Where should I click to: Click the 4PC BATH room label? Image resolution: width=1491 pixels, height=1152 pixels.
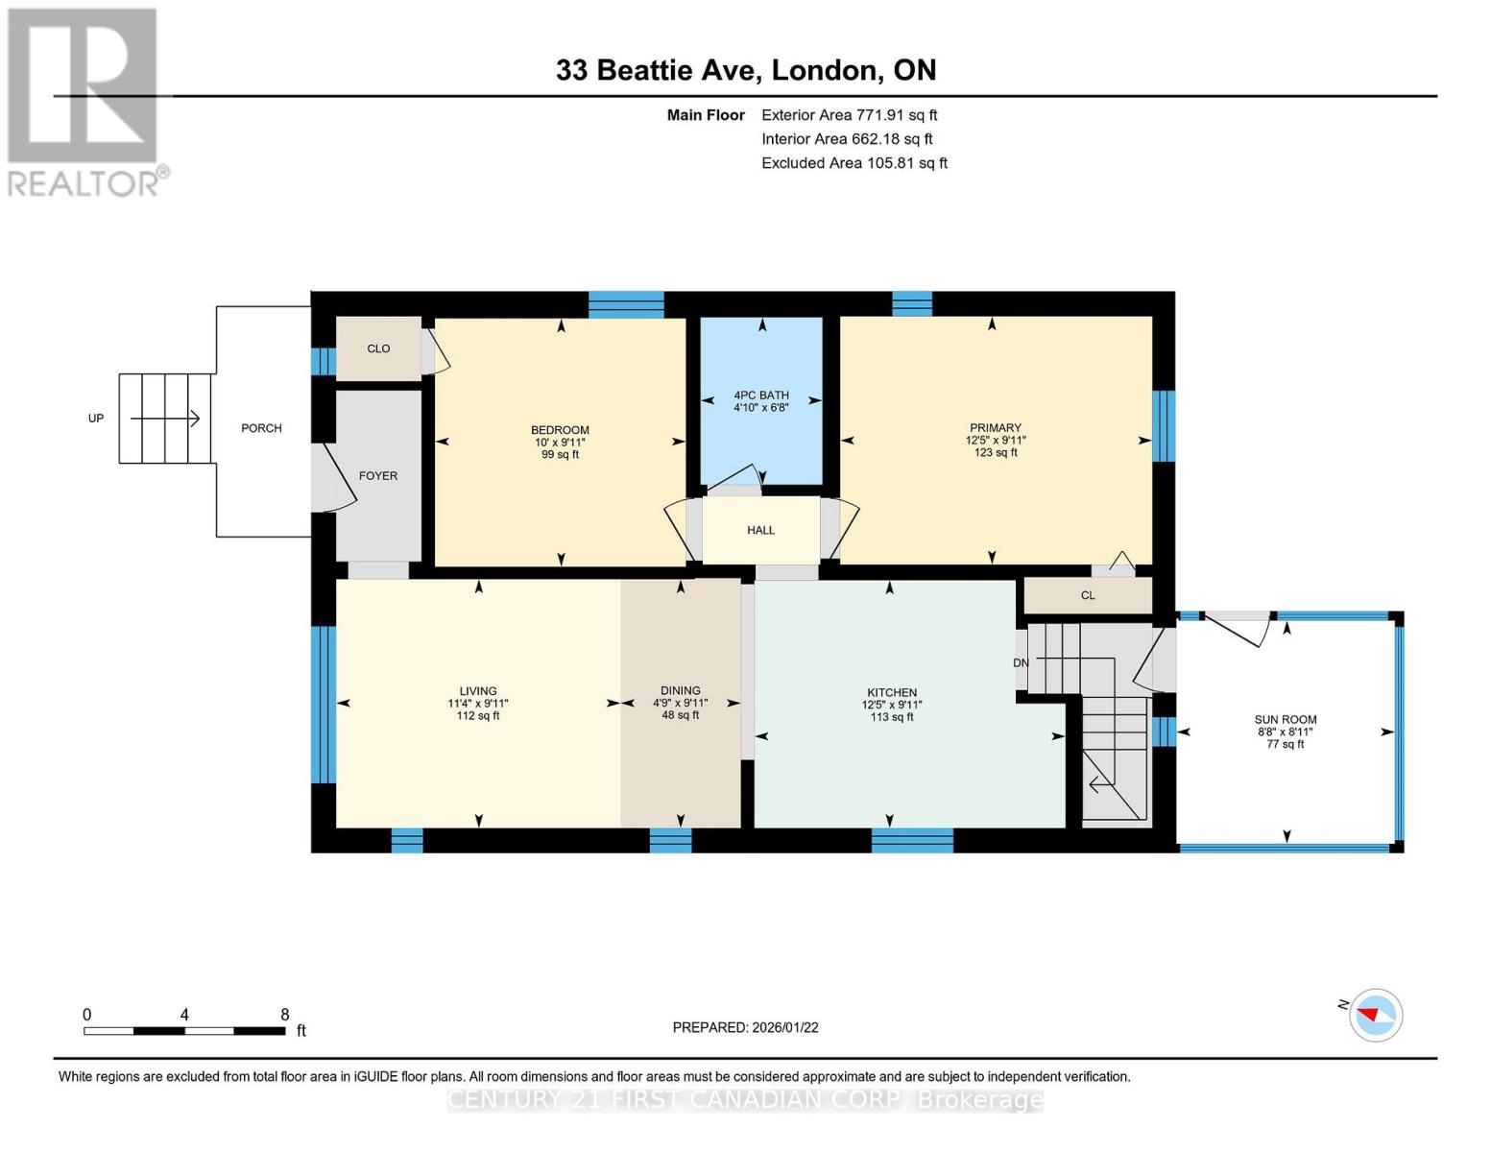coord(761,395)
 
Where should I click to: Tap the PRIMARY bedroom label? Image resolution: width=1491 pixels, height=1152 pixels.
coord(995,428)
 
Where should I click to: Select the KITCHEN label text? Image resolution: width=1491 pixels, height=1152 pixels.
coord(892,692)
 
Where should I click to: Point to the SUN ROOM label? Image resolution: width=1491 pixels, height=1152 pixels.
coord(1286,719)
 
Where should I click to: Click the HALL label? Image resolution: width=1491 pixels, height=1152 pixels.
coord(760,530)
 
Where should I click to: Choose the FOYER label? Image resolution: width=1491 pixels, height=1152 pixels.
coord(378,476)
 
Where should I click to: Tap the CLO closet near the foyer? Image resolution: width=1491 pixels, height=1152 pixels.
coord(378,348)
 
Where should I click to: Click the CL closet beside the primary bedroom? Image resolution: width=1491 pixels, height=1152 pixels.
coord(1088,595)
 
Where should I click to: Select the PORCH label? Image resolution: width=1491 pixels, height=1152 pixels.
coord(261,428)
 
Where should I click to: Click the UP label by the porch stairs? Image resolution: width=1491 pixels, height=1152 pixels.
coord(96,419)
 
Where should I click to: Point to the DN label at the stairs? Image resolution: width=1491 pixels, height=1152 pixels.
coord(1021,663)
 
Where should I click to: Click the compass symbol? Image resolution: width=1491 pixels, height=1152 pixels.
coord(1376,1015)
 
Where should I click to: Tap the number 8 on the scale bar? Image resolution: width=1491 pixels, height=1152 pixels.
coord(285,1015)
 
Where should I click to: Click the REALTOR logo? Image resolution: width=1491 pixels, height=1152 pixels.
coord(84,101)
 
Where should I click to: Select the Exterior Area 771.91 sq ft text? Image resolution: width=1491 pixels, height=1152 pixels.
coord(849,115)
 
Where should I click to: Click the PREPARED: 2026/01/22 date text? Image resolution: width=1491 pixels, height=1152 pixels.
coord(745,1027)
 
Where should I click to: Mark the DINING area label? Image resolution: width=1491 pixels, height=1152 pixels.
coord(680,690)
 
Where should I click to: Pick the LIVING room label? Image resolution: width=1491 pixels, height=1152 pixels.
coord(478,691)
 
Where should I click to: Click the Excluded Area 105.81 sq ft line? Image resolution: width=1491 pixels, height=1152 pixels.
coord(854,163)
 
